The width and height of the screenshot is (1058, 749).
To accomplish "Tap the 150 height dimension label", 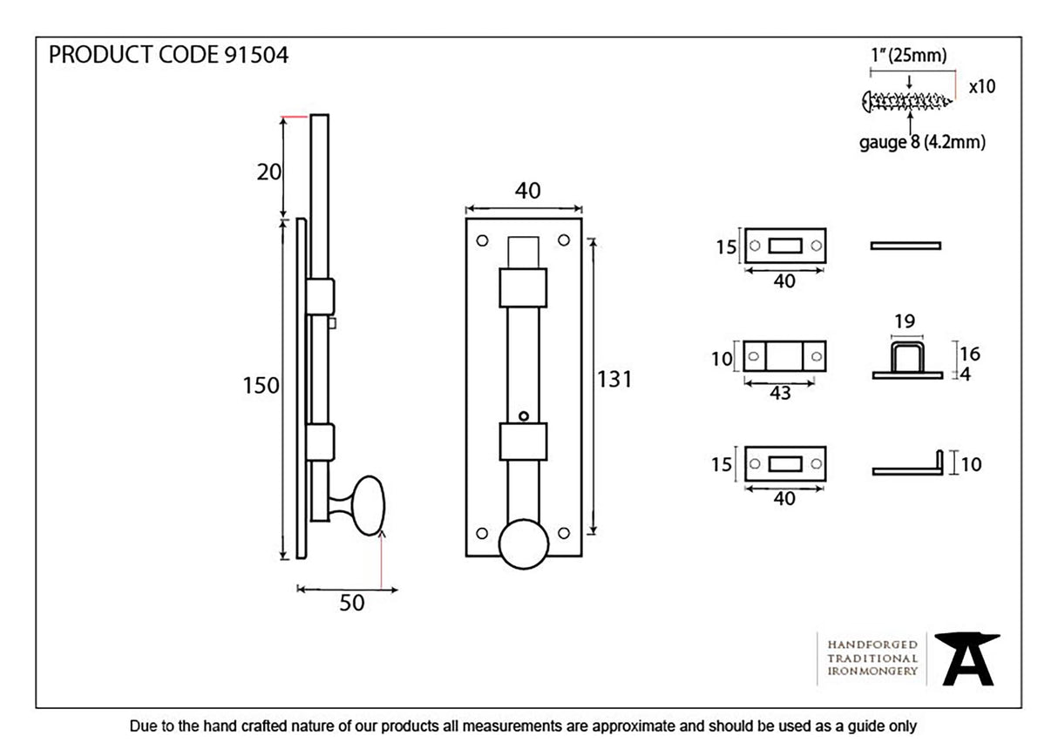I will pyautogui.click(x=261, y=385).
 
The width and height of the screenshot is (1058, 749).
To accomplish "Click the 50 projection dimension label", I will pyautogui.click(x=351, y=603).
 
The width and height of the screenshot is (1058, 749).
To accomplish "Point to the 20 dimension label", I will pyautogui.click(x=269, y=172).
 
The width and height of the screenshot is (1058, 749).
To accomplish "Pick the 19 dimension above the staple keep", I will pyautogui.click(x=905, y=321).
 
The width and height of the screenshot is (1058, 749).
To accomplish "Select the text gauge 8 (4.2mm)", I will pyautogui.click(x=922, y=142).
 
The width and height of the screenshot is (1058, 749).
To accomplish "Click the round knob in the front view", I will pyautogui.click(x=524, y=543).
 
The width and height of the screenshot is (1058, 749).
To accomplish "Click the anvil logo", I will pyautogui.click(x=967, y=659).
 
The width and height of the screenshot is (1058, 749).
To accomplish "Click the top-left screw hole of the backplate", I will pyautogui.click(x=481, y=237).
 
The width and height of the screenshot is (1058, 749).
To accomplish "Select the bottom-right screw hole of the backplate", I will pyautogui.click(x=563, y=532).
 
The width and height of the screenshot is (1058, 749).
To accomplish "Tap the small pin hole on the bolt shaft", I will pyautogui.click(x=523, y=416).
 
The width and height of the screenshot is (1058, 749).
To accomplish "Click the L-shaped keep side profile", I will pyautogui.click(x=908, y=467).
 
